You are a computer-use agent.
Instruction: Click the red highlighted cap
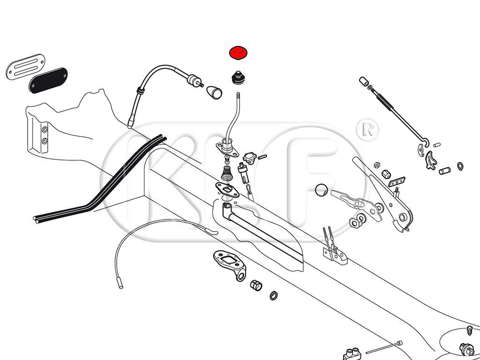[x=239, y=53]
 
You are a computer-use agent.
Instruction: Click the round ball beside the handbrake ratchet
[x=322, y=189]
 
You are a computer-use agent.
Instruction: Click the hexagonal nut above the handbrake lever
[x=376, y=165]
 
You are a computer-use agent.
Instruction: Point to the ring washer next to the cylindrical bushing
[x=273, y=296]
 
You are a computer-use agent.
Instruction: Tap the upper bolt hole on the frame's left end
[x=45, y=129]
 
